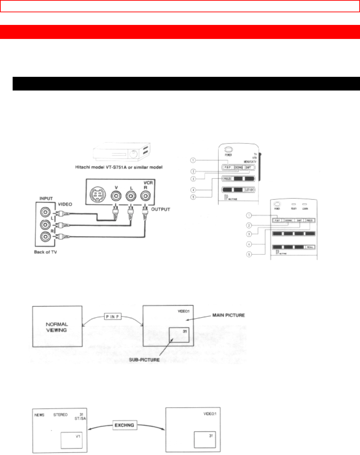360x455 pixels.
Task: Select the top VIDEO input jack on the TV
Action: point(45,212)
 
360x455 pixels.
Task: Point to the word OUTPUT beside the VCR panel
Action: point(160,209)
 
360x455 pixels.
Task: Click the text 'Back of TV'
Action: point(45,252)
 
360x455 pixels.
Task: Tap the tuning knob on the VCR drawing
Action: point(133,154)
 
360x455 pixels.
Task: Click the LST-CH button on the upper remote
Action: point(250,190)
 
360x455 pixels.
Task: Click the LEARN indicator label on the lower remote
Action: point(305,209)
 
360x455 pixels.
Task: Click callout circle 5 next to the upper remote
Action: point(193,197)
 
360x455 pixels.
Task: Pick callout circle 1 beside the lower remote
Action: point(249,215)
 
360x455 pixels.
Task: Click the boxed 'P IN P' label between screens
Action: point(113,316)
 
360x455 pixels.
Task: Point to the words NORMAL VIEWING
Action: point(57,327)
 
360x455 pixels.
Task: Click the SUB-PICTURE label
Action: point(144,360)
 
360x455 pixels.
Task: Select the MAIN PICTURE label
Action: point(228,315)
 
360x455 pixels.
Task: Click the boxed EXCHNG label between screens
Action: point(124,425)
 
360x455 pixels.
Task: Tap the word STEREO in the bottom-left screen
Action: point(60,415)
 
